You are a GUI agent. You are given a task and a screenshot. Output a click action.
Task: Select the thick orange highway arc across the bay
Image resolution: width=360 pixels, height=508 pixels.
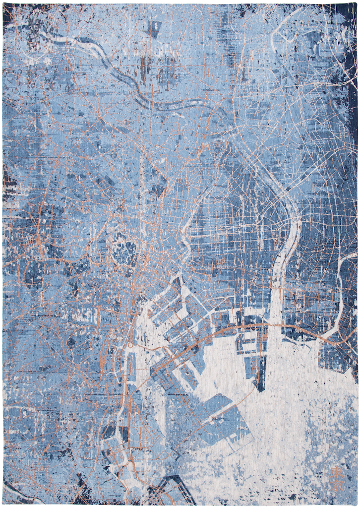(x=233, y=330)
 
